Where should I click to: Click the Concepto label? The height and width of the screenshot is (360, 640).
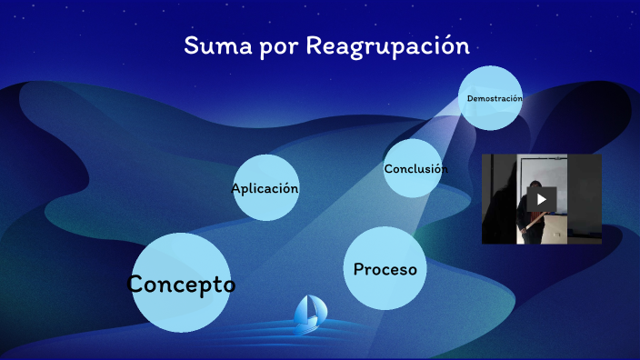coord(181,284)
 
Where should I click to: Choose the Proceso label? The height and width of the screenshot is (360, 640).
coord(385,269)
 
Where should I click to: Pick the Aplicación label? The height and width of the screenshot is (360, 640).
coord(265,189)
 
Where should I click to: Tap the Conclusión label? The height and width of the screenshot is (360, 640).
coord(415,169)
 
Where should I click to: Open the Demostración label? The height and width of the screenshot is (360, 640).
coord(494,98)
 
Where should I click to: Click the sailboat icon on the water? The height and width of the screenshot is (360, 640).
coord(310,312)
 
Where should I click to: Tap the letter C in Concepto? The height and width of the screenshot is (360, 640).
coord(137,284)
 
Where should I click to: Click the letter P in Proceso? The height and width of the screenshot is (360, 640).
coord(359,269)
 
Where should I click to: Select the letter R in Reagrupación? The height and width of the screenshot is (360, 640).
coord(315,45)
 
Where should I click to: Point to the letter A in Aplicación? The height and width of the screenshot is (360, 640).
coord(236,189)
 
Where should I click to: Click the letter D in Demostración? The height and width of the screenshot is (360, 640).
coord(470,98)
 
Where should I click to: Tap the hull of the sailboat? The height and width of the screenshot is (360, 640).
coord(309,324)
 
